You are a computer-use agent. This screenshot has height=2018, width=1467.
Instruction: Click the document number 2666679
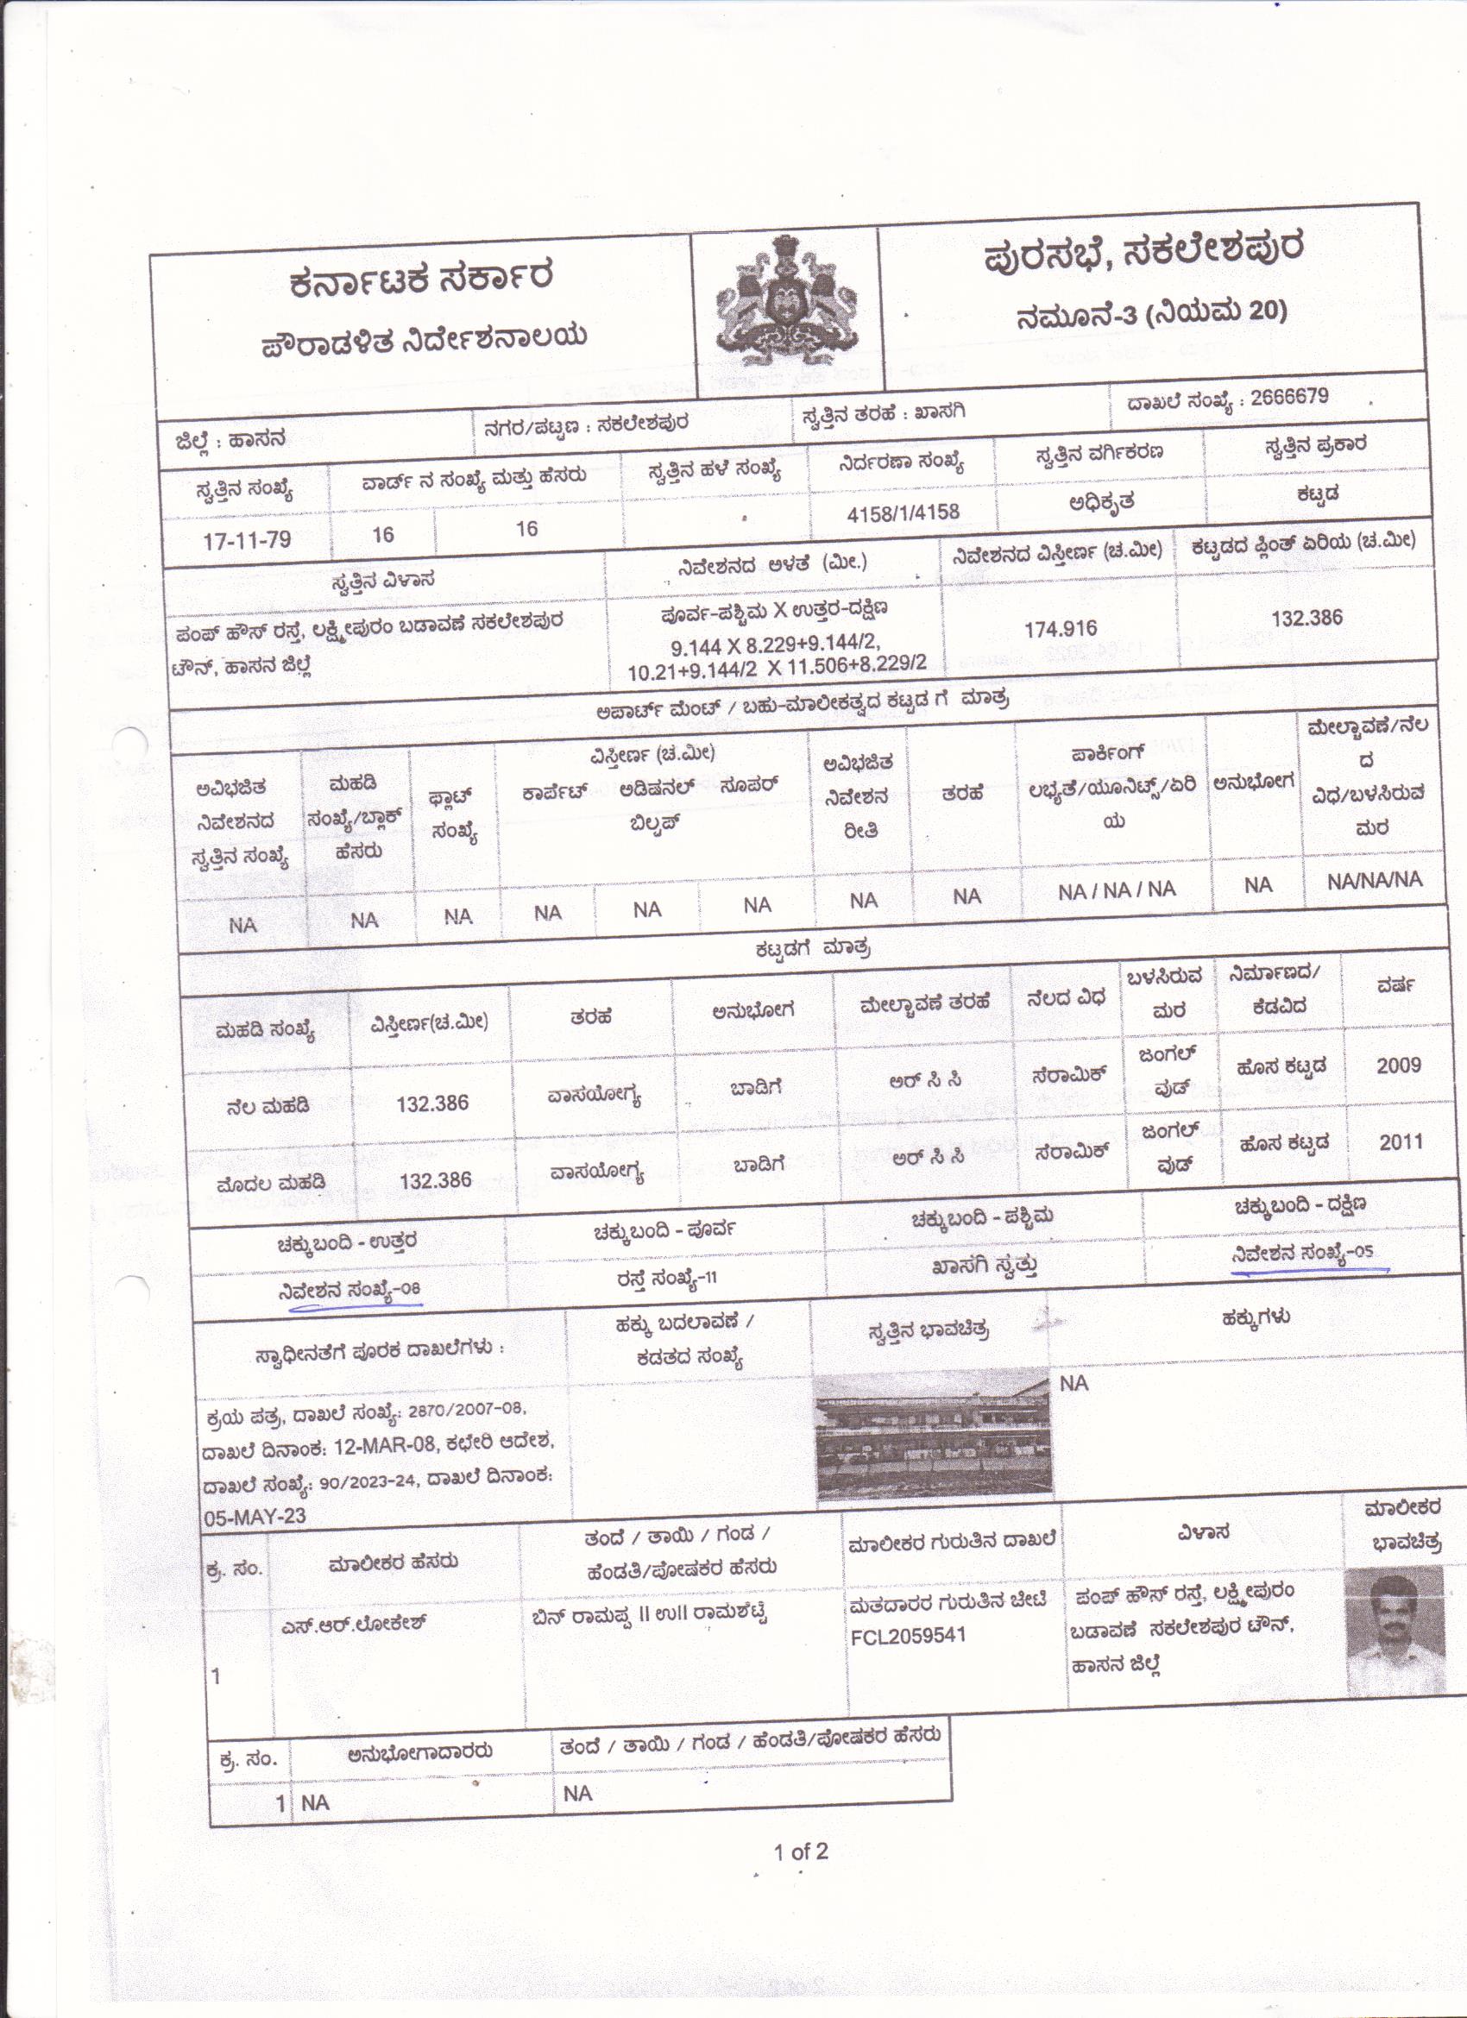tap(1288, 397)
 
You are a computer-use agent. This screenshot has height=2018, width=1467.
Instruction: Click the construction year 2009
tap(1399, 1065)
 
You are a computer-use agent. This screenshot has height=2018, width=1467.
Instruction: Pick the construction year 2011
tap(1401, 1141)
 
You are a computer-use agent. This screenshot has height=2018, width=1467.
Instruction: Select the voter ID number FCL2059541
tap(908, 1636)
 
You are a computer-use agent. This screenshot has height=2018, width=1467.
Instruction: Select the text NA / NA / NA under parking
tap(1117, 889)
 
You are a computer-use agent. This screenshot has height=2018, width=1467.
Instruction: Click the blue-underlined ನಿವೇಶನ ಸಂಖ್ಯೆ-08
tap(349, 1290)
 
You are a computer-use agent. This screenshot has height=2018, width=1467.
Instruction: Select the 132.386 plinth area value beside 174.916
tap(1306, 618)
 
